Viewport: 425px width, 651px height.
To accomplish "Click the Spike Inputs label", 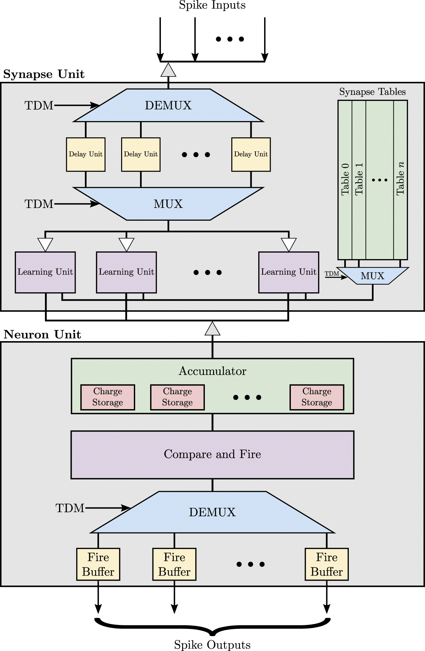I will coord(212,5).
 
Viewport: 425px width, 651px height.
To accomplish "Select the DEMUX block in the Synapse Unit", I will coord(168,105).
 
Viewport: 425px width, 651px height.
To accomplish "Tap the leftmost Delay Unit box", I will coord(86,154).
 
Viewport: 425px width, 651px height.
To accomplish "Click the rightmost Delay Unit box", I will coord(251,154).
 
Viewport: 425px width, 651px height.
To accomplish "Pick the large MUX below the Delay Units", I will coord(168,204).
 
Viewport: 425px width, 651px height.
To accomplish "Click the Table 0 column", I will coord(345,179).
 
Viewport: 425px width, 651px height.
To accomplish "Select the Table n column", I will coord(400,179).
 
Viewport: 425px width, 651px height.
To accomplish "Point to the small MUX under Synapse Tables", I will coord(373,276).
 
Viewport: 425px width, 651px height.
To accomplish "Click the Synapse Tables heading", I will coord(372,92).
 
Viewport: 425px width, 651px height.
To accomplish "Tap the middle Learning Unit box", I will coord(126,272).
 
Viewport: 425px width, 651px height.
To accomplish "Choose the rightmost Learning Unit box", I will coord(289,272).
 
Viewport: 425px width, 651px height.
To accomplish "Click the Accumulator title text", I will coord(212,371).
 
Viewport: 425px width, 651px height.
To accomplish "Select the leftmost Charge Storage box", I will coord(107,397).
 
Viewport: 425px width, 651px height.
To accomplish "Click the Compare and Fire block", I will coord(212,454).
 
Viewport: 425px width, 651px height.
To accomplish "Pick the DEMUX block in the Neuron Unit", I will coord(212,512).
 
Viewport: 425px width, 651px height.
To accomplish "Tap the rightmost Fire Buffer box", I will coord(326,564).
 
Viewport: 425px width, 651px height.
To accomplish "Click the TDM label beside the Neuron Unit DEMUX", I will coord(70,508).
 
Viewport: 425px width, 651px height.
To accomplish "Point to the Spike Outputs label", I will coord(212,645).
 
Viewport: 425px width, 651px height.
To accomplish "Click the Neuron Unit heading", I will coord(42,335).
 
